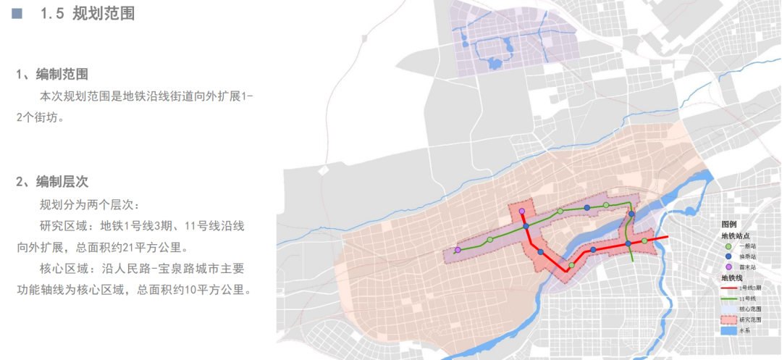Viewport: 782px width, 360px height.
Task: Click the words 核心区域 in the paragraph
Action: [62, 269]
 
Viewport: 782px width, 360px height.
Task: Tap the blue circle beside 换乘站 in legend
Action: [728, 257]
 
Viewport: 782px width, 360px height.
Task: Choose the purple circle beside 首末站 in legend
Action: [728, 267]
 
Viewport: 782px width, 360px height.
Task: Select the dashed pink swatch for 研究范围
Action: [728, 319]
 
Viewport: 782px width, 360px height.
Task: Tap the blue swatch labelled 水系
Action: [728, 330]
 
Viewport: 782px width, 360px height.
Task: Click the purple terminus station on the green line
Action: [458, 250]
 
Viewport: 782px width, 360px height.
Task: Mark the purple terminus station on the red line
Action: [521, 211]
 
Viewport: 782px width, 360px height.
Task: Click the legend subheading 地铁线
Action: [733, 278]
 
